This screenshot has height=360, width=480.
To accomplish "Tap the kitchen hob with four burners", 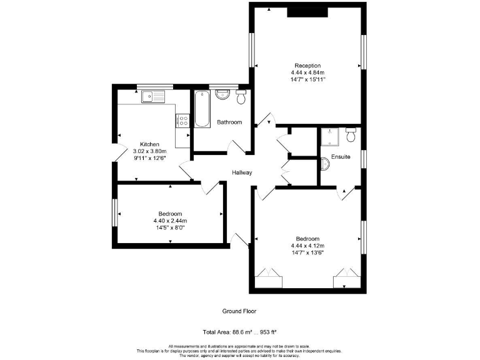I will (x=183, y=119).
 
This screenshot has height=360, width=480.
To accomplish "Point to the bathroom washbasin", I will (x=223, y=95).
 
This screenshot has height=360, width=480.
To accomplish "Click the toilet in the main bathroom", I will (x=241, y=97).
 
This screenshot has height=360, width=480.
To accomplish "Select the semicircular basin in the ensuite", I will (x=324, y=164).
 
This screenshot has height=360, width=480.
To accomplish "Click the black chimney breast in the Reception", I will (x=307, y=12).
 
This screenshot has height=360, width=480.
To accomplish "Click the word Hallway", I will (x=242, y=172).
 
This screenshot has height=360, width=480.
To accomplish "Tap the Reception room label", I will (x=307, y=66).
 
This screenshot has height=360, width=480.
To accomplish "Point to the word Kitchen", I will (x=150, y=144).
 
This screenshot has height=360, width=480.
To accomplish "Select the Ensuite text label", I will (x=341, y=156).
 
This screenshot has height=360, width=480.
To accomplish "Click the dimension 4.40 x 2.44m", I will (x=170, y=221).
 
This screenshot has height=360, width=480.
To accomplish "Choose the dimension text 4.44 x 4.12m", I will (x=307, y=246).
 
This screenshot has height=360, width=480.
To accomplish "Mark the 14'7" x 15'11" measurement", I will (x=307, y=80).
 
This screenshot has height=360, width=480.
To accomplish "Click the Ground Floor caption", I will (x=239, y=311).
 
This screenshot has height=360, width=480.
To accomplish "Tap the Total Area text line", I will (x=239, y=331).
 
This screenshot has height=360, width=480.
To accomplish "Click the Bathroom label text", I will (x=229, y=122).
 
